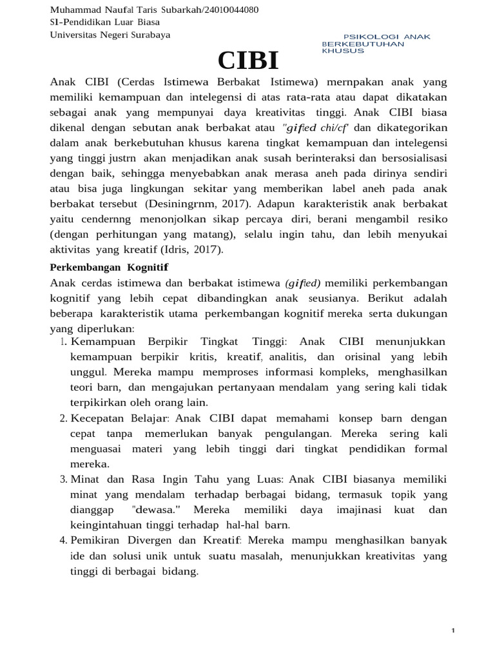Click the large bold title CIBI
coord(248,60)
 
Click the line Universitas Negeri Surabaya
coord(110,35)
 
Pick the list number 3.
coord(63,480)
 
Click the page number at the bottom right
coord(454,630)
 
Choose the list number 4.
coord(63,539)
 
